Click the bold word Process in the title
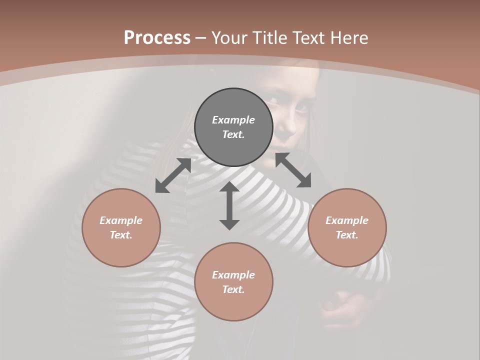pos(157,38)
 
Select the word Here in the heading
pos(348,38)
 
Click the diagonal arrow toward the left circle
pos(173,175)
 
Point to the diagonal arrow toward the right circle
pos(293,170)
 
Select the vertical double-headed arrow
pos(229,205)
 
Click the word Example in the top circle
pos(233,120)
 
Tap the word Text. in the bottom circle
pos(233,289)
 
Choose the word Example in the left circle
pos(121,220)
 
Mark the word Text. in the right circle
pos(347,235)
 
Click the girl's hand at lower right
pos(345,307)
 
